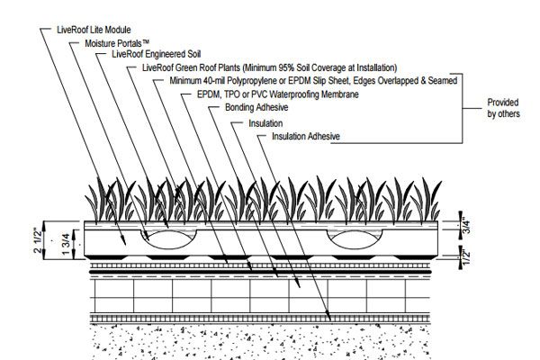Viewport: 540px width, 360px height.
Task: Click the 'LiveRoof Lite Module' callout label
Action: tap(94, 30)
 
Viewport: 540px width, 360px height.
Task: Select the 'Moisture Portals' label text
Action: tap(117, 44)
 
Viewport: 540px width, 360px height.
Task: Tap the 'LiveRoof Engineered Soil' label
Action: tap(157, 54)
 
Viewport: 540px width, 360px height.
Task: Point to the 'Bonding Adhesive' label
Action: tap(256, 107)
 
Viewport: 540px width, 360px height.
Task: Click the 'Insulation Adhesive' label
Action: tap(306, 137)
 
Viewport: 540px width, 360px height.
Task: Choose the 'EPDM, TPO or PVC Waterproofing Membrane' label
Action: tap(278, 94)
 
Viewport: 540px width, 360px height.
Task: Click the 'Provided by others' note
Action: tap(503, 108)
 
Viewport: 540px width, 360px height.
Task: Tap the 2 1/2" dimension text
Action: tap(38, 240)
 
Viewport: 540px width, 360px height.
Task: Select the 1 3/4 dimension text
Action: tap(67, 244)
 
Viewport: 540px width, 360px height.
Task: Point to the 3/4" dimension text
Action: tap(466, 225)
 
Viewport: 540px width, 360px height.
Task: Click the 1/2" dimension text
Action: tap(466, 256)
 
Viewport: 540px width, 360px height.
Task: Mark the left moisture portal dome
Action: tap(168, 238)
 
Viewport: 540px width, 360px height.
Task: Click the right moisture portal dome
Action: tap(355, 238)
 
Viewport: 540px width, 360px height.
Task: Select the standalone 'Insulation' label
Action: tap(265, 123)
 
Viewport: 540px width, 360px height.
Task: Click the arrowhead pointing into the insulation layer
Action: tap(298, 283)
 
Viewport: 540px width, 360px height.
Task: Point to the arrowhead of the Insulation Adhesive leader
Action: tap(328, 315)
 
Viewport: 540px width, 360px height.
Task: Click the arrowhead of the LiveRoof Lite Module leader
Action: tap(123, 240)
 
